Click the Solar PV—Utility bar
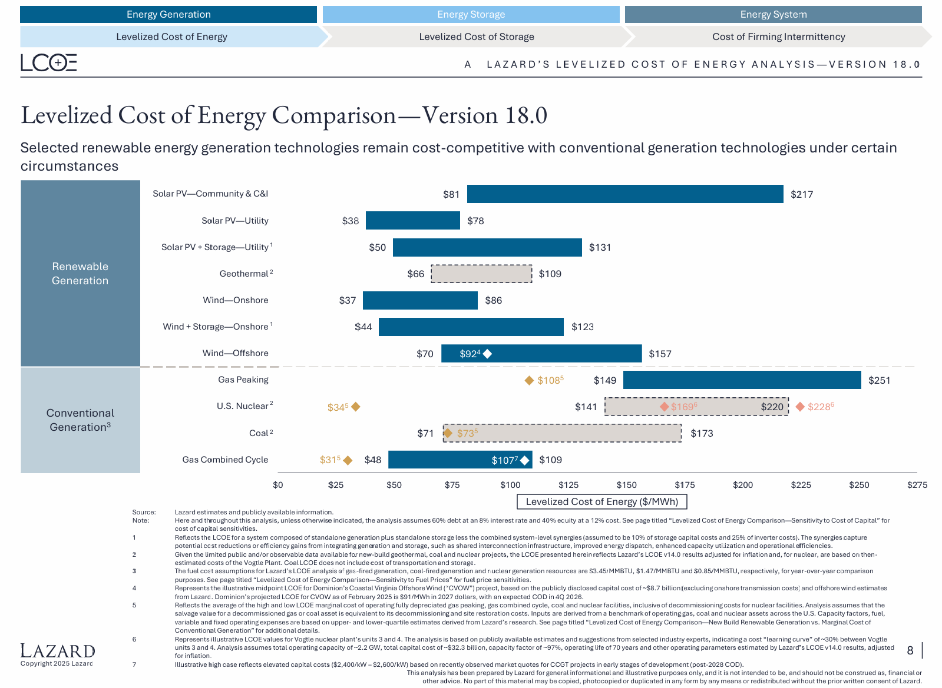[412, 221]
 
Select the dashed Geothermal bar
[481, 274]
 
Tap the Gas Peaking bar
[742, 380]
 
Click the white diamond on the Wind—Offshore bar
[487, 354]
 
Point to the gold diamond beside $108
[529, 381]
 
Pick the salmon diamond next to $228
[800, 407]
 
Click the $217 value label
[802, 194]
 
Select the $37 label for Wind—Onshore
[348, 300]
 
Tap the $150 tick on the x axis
[626, 485]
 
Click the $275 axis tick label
[917, 485]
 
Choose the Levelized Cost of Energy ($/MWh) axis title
[601, 501]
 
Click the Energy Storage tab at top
[471, 15]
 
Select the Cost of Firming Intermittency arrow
[778, 36]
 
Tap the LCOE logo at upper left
[49, 62]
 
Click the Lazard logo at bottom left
[57, 651]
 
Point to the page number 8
[910, 650]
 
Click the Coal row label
[260, 433]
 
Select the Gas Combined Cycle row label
[225, 460]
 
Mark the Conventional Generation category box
[80, 420]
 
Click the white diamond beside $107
[524, 460]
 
